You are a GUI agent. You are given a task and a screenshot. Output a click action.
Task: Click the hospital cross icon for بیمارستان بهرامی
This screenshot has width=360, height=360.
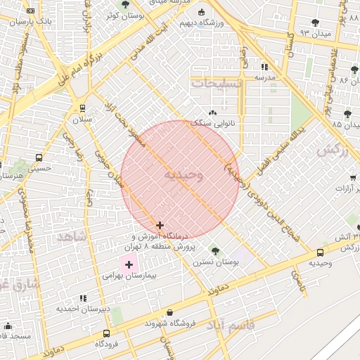(x=129, y=264)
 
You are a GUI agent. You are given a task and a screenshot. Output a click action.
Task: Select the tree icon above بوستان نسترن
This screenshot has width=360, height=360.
(x=215, y=250)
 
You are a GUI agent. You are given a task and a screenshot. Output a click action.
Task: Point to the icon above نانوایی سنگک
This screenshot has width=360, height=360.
(x=213, y=112)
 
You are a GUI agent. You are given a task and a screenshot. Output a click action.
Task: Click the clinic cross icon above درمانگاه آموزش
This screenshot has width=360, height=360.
(x=160, y=226)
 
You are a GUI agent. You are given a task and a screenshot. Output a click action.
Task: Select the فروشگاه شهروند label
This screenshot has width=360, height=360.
(x=168, y=323)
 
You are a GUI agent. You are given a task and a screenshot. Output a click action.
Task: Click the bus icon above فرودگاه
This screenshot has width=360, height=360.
(x=106, y=333)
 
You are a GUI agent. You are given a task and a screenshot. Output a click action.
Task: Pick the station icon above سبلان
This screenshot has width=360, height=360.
(x=84, y=108)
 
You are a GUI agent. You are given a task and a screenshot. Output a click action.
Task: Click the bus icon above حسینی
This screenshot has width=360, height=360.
(x=38, y=158)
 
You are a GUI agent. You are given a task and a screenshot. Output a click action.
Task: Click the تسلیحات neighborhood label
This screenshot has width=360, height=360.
(x=217, y=83)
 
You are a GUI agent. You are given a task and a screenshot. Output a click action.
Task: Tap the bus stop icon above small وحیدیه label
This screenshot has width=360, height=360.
(x=321, y=252)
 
